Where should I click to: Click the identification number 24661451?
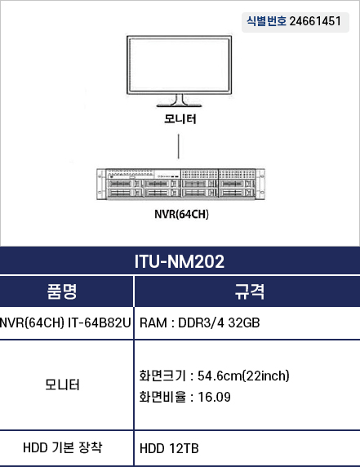click(315, 21)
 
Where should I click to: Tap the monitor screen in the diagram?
click(180, 64)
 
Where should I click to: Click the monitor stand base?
click(180, 105)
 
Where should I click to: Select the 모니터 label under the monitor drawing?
click(180, 119)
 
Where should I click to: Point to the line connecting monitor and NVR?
click(178, 146)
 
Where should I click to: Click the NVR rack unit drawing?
click(180, 184)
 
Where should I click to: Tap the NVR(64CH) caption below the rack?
click(181, 214)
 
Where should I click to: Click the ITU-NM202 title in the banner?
click(180, 261)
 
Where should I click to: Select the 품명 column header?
click(62, 291)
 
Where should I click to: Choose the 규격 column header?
click(250, 291)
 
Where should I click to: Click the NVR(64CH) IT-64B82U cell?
click(65, 322)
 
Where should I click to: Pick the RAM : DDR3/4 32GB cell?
click(199, 322)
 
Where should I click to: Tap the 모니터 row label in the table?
click(62, 385)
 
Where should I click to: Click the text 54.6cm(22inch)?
click(243, 376)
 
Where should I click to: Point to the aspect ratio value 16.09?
click(214, 397)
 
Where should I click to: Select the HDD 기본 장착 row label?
click(63, 447)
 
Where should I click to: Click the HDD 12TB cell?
click(169, 448)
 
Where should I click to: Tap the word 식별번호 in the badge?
click(266, 21)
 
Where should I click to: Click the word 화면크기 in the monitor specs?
click(162, 376)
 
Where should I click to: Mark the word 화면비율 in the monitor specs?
click(162, 397)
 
